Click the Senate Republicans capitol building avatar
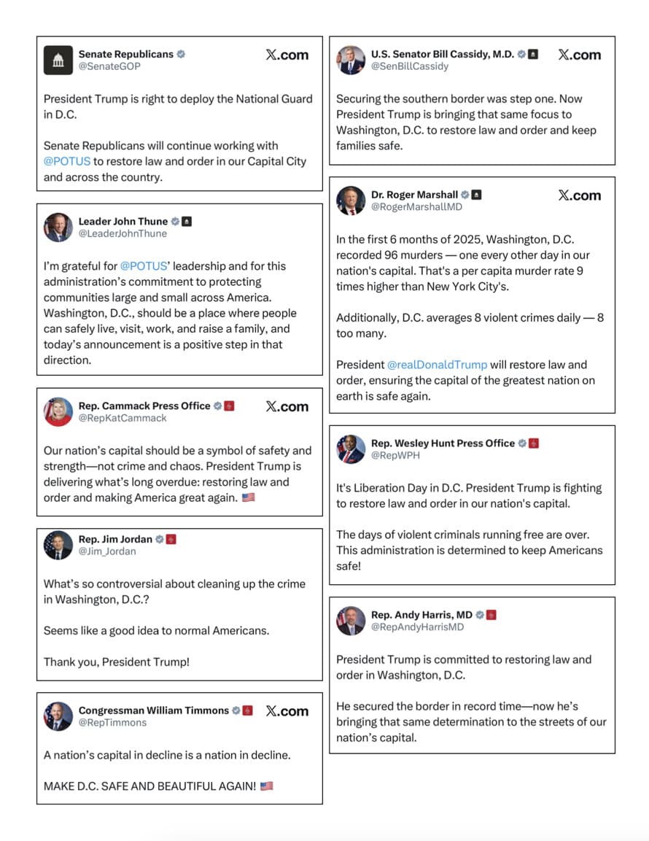[58, 60]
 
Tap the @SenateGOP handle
[109, 66]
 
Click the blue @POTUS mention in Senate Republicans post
[67, 161]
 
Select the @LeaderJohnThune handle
[123, 233]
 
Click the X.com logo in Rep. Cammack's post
[287, 407]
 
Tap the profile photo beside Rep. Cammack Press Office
[58, 411]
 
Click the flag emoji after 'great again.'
[248, 497]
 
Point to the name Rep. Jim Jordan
[115, 539]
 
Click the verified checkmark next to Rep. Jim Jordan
[160, 539]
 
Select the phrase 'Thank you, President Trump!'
[117, 662]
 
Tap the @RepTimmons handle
[112, 722]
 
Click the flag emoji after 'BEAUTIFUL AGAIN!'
[266, 786]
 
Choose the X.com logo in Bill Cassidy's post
[579, 55]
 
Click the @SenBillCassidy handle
[410, 66]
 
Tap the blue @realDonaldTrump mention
[437, 365]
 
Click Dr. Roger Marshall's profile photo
[351, 201]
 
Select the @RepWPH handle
[395, 455]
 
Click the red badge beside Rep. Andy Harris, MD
[491, 615]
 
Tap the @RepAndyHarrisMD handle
[417, 627]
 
